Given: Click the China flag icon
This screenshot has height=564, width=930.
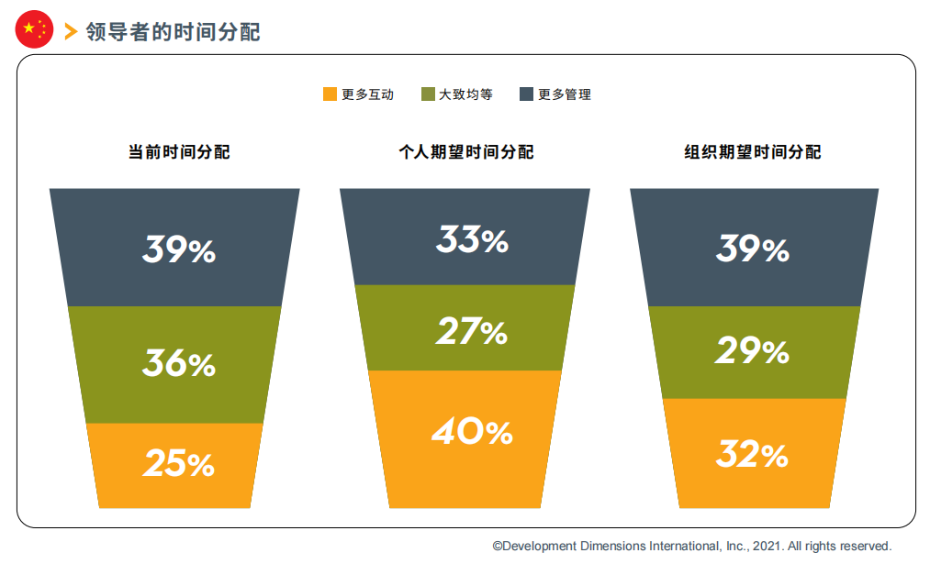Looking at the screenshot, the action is pos(34,29).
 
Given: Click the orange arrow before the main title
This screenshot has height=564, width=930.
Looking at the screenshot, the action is pos(72,31).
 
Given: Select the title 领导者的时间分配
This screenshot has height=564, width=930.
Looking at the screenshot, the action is pos(174,32).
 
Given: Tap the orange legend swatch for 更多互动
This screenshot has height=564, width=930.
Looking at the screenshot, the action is pos(330,94).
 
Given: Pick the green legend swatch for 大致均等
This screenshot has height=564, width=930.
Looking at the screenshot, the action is pos(428,94).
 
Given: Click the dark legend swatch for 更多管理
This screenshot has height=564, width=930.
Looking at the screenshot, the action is pos(526,94).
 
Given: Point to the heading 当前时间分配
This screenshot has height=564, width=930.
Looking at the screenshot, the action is pos(179,152).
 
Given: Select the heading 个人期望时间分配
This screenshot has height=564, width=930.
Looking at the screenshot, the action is pos(466,152).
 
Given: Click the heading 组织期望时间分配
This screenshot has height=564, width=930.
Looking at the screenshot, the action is pos(753,152).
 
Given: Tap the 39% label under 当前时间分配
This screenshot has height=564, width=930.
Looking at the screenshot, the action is pos(178,249).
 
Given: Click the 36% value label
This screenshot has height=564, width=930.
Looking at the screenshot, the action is pos(178,363).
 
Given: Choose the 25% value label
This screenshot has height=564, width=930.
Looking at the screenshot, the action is pos(178,463).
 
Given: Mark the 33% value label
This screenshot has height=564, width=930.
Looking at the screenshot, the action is pos(472,240).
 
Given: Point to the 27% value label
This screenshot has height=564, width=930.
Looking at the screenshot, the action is pos(472,331).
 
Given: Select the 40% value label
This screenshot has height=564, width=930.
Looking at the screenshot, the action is pos(472,431).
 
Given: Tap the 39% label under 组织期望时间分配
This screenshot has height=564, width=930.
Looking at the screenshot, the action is pos(753,249).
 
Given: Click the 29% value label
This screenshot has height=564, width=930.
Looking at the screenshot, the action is pos(752,350).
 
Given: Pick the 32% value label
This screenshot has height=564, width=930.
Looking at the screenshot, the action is pos(752,454).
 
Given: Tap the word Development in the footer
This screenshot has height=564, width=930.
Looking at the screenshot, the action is pos(539,547).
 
